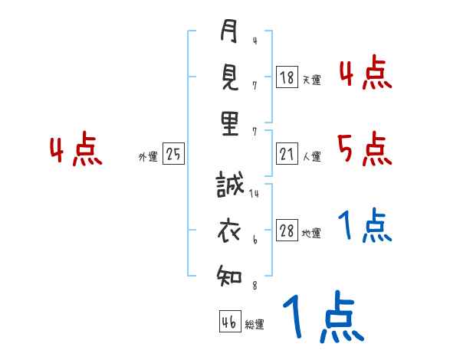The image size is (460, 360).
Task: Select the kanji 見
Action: click(229, 79)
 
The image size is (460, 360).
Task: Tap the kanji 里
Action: click(229, 123)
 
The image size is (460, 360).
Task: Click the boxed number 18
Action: click(287, 78)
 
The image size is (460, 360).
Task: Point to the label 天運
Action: click(310, 80)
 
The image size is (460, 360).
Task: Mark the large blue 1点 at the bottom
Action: click(321, 318)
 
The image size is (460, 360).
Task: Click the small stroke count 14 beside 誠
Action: click(254, 194)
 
